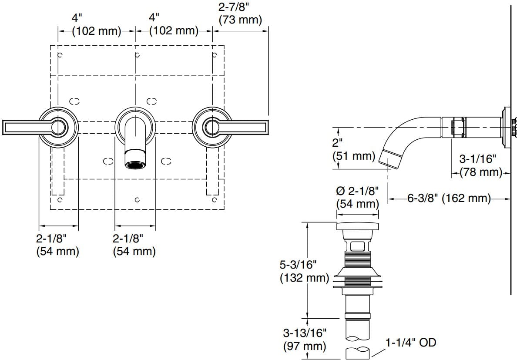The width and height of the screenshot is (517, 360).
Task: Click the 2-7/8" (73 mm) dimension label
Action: [240, 13]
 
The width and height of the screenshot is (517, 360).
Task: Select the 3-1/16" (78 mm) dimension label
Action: [481, 166]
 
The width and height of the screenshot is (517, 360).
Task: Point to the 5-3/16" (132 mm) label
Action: [304, 271]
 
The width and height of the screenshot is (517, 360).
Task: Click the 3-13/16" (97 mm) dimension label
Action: [305, 340]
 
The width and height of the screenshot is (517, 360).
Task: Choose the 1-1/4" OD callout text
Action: [410, 343]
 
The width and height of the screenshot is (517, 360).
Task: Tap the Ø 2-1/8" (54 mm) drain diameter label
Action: [357, 197]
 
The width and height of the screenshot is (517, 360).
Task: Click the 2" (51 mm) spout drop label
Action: [353, 149]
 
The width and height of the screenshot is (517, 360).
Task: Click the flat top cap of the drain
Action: [357, 226]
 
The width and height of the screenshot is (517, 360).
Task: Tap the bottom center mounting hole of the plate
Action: [137, 200]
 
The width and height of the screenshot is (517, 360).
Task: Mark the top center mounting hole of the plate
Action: [137, 55]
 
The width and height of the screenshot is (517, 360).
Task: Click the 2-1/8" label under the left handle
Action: [58, 245]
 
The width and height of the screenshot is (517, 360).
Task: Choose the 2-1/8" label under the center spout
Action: [134, 245]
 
